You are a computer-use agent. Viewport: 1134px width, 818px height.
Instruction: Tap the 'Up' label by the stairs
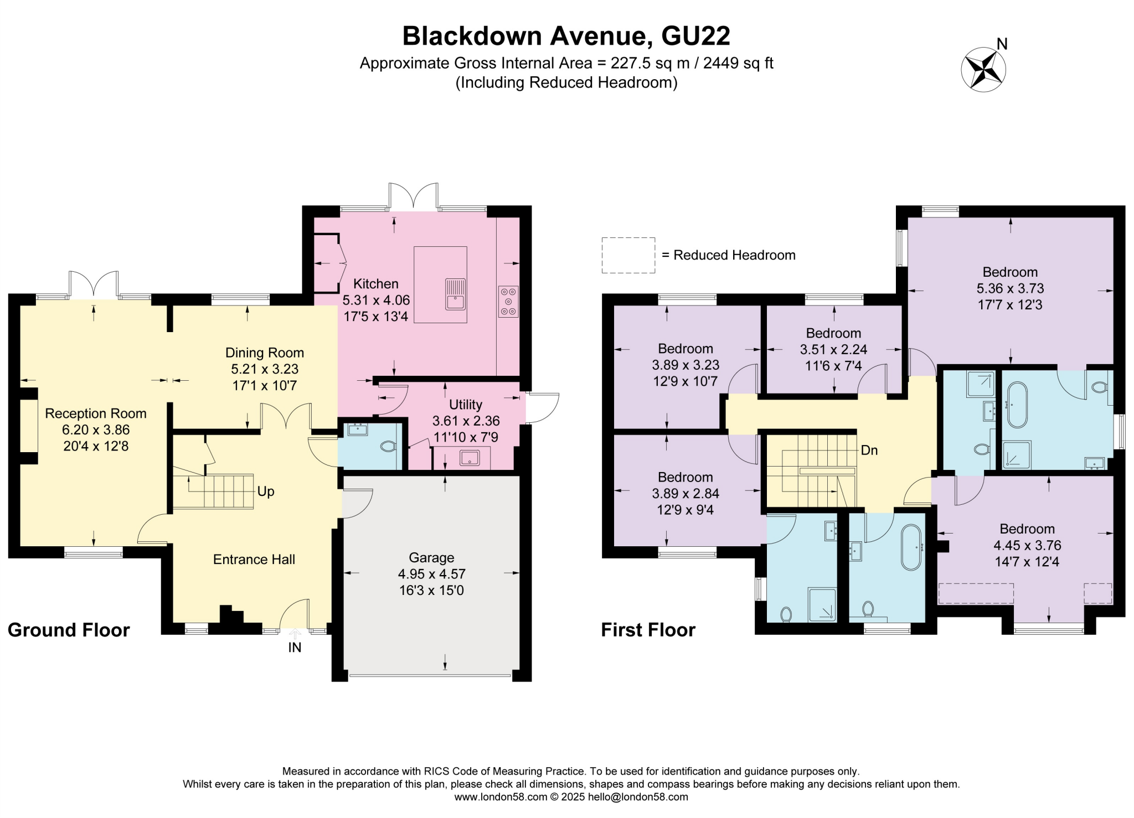[x=266, y=491]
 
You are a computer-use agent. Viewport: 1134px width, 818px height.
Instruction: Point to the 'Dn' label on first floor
[x=869, y=451]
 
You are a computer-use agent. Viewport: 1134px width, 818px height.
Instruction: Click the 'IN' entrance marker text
[x=295, y=648]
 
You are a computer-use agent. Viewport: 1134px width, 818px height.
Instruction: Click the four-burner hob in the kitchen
[x=508, y=302]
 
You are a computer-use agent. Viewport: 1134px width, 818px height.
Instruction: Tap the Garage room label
[x=431, y=557]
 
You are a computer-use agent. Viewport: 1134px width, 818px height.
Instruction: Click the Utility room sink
[x=470, y=458]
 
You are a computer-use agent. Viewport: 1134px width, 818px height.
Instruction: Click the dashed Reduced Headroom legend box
[x=628, y=255]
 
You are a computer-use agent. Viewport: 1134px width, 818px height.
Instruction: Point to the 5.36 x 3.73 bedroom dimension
[x=1010, y=288]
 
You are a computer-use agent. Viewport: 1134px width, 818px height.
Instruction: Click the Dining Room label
[x=264, y=353]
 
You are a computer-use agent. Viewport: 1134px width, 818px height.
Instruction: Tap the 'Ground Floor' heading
[x=69, y=630]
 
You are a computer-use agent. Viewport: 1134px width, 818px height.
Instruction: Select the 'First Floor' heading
[x=648, y=630]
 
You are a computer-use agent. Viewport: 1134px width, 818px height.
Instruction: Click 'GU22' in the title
[x=695, y=36]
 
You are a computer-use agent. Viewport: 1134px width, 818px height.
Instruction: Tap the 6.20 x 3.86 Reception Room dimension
[x=96, y=429]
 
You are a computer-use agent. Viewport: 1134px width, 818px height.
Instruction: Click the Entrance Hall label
[x=254, y=560]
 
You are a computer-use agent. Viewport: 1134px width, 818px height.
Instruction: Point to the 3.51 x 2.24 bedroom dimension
[x=833, y=350]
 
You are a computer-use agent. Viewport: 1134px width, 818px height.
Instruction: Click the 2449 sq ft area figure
[x=738, y=63]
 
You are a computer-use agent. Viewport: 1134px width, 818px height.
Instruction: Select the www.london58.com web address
[x=500, y=797]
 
